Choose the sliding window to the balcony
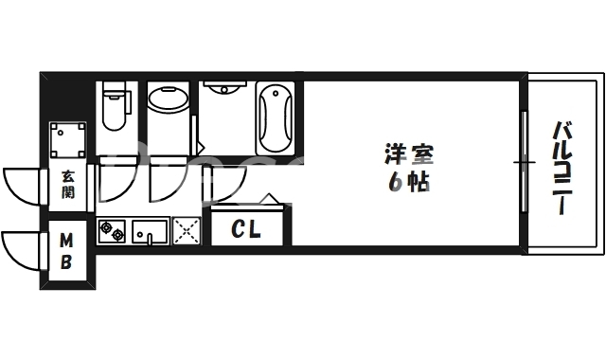click(x=522, y=162)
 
